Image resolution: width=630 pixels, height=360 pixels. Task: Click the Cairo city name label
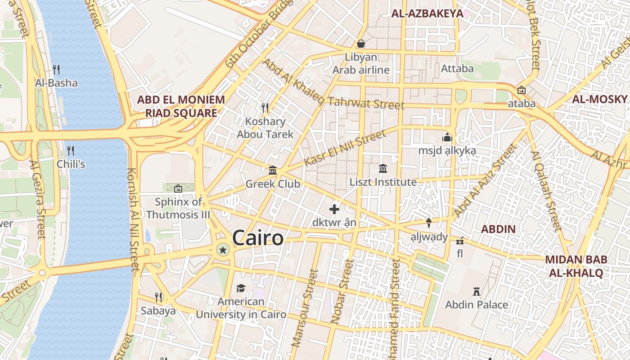pos(258,238)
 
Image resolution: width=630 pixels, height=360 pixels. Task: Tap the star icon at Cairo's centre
pos(222,249)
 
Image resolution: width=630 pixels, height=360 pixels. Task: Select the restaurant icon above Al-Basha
pos(56,69)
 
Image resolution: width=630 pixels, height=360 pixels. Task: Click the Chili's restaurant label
pos(71,164)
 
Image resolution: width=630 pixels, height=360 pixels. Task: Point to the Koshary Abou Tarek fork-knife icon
pos(265,108)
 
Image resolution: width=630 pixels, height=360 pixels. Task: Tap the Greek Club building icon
pos(273,170)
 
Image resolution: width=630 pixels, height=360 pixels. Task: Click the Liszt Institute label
pos(383,182)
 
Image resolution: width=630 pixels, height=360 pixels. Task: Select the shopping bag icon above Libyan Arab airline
pos(361,44)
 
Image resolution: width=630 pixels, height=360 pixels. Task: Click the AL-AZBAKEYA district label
pos(427,13)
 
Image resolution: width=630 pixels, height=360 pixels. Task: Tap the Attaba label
pos(457,68)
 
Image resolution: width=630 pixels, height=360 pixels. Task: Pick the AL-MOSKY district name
pos(599,99)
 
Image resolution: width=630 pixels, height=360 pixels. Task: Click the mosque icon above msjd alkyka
pos(447,137)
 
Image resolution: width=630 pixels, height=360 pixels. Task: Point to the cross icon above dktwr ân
pos(334,209)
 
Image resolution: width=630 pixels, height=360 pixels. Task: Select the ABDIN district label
pos(498,229)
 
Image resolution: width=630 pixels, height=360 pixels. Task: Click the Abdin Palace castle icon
pos(477,291)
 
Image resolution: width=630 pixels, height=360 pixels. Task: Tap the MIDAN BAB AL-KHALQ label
pos(576,266)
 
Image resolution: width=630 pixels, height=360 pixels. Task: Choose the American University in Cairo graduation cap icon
pos(241,288)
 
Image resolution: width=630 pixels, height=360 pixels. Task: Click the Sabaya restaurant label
pos(158,310)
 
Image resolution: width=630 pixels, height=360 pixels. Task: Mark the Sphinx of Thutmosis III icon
pos(178,188)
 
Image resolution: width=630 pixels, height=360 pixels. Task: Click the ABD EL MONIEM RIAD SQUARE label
pos(180,106)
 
